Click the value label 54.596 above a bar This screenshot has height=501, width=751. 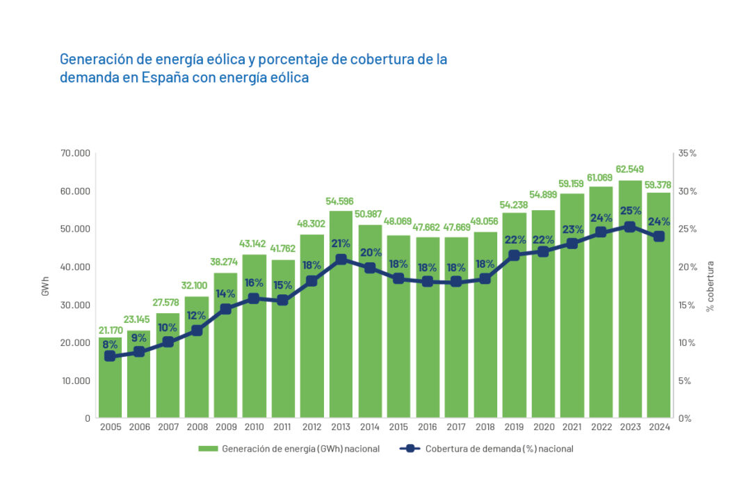[x=341, y=202]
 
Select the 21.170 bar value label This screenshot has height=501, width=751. [x=110, y=329]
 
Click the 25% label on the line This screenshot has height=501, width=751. [x=629, y=211]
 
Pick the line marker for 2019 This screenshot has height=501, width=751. [x=515, y=255]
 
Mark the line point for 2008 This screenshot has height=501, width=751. [x=197, y=331]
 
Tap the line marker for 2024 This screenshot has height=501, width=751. [x=659, y=237]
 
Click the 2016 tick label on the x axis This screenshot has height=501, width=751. [x=428, y=427]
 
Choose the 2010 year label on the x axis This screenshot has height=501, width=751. [x=255, y=427]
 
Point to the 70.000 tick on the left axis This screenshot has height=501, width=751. [x=76, y=153]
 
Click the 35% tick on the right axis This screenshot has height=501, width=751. [x=687, y=153]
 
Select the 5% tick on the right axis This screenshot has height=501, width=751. [x=685, y=381]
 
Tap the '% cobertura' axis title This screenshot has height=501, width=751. [x=710, y=286]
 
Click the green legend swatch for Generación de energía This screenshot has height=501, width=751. [x=207, y=449]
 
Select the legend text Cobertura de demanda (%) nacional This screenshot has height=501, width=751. [x=499, y=449]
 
